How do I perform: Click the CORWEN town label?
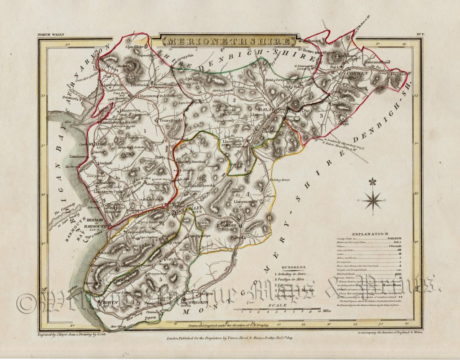[x=358, y=72]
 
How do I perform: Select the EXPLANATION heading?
[x=370, y=234]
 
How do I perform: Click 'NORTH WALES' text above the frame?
[x=49, y=34]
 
